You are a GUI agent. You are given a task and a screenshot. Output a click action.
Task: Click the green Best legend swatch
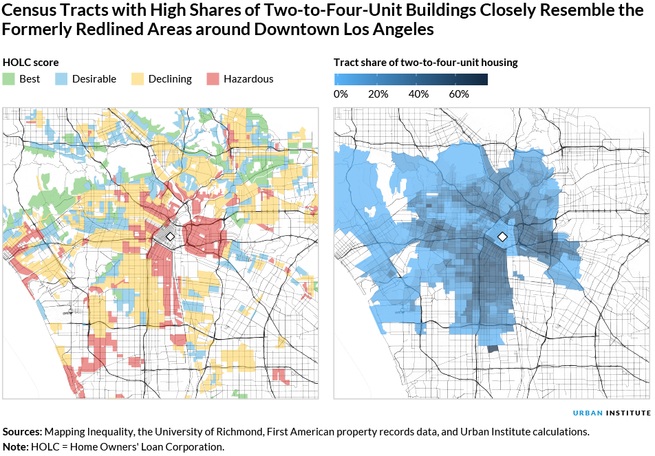(9, 79)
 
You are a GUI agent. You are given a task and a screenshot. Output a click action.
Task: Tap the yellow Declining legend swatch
(138, 79)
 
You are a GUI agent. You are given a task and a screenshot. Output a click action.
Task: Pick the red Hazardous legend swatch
(213, 79)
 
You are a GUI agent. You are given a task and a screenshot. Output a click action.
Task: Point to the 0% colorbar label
(341, 94)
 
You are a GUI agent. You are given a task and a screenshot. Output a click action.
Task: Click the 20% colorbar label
(378, 94)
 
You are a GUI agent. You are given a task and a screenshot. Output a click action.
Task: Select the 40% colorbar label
(418, 94)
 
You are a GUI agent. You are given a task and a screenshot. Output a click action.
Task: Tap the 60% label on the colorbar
(459, 94)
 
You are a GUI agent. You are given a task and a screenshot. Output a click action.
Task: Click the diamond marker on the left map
(171, 235)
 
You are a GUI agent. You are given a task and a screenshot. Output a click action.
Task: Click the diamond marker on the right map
(502, 237)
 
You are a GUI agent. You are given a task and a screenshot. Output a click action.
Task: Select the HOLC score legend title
(31, 63)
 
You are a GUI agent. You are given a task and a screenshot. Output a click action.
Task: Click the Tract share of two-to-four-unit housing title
(425, 63)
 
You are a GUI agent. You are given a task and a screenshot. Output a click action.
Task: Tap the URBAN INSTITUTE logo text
(612, 413)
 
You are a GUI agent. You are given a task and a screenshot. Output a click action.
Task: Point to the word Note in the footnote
(15, 447)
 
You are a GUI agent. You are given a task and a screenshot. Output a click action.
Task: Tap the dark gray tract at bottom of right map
(493, 349)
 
